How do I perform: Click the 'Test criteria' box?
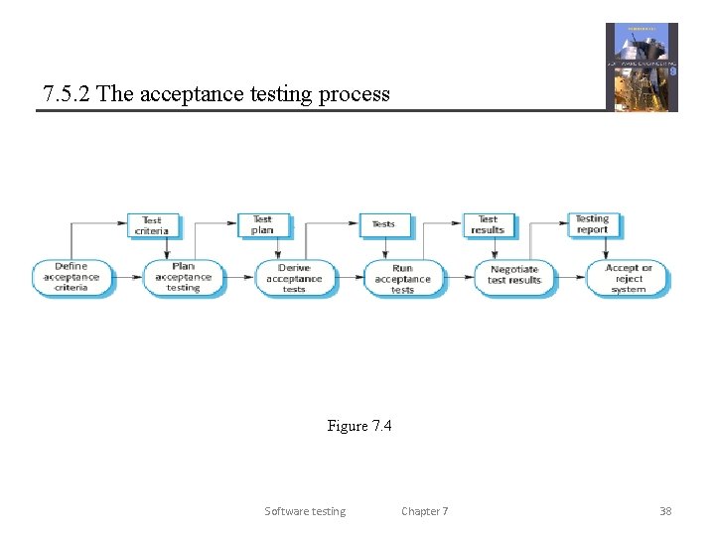151,225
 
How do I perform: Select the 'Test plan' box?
262,224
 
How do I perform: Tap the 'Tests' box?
383,224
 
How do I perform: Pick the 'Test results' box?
488,224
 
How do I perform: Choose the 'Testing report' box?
592,224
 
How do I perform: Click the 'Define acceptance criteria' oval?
71,277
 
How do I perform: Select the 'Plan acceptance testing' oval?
184,277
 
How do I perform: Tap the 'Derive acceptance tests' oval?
294,278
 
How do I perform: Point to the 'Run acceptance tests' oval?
402,278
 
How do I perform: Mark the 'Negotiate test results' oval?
514,275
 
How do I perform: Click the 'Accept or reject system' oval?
629,278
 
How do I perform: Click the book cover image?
642,67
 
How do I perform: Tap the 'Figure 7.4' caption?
359,426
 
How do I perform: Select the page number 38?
665,511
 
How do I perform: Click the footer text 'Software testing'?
305,511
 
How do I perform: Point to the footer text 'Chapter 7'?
424,511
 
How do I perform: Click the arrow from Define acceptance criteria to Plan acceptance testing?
128,277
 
